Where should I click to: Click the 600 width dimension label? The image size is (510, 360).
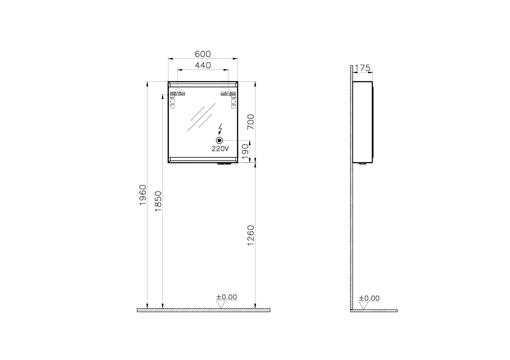pos(203,54)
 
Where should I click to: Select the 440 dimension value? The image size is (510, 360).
pos(203,66)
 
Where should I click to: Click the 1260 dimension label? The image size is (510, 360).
pos(251,236)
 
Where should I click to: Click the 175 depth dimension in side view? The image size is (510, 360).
pos(363,68)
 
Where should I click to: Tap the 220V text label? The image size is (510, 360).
pos(220,149)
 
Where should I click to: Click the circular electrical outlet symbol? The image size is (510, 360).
pos(219,140)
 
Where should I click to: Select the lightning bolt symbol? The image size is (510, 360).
pos(220,129)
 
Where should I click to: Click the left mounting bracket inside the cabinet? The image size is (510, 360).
pos(177,98)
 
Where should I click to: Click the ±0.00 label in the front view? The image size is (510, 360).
pos(226,297)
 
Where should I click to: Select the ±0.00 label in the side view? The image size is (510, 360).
pos(369,298)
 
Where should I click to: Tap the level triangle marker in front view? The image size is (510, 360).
pos(221,305)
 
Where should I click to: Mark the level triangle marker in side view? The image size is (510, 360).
pos(364,306)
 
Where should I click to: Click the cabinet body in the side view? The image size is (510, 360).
pos(363,122)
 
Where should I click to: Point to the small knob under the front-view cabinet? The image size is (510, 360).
pos(224,164)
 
